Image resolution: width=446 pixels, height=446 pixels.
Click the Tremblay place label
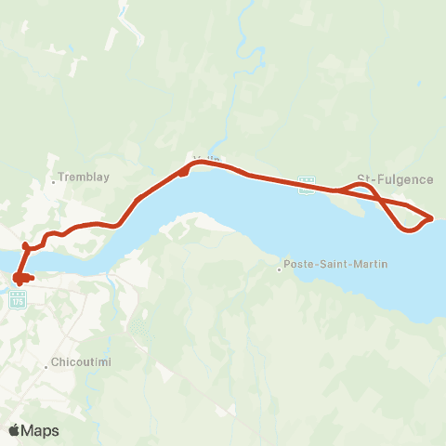pyautogui.click(x=85, y=176)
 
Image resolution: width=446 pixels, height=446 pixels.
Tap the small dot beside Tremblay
pyautogui.click(x=55, y=181)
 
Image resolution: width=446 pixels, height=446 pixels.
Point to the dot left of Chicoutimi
pyautogui.click(x=46, y=367)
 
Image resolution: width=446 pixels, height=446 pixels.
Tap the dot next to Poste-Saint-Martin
pyautogui.click(x=279, y=270)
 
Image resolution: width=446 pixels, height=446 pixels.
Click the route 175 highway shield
pyautogui.click(x=18, y=299)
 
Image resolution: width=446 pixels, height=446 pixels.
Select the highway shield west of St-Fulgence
pyautogui.click(x=306, y=180)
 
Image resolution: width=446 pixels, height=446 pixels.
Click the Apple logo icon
pyautogui.click(x=14, y=430)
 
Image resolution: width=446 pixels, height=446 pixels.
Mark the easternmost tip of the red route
pyautogui.click(x=433, y=218)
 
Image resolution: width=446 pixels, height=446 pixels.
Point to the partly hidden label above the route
pyautogui.click(x=206, y=159)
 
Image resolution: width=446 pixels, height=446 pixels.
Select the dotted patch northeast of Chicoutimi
pyautogui.click(x=140, y=328)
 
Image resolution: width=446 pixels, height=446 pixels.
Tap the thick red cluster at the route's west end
pyautogui.click(x=20, y=277)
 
